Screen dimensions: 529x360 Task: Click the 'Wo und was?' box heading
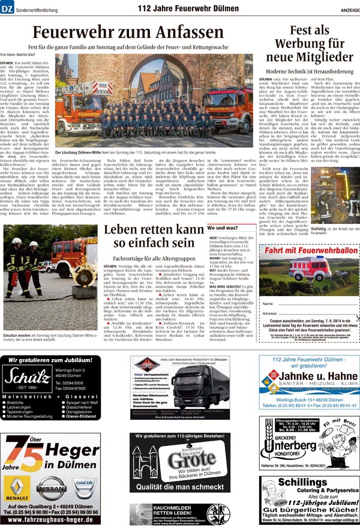(224, 229)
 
